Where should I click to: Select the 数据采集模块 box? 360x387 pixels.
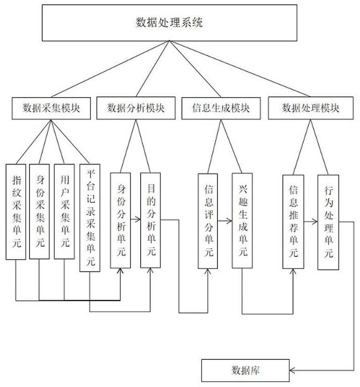click(x=51, y=107)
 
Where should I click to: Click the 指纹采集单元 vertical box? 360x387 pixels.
click(x=15, y=211)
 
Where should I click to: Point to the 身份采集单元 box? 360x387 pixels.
click(x=40, y=211)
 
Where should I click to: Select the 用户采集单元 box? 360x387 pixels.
click(x=64, y=211)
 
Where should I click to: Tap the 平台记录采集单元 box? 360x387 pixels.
click(x=90, y=218)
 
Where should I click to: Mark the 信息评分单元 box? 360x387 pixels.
click(x=209, y=220)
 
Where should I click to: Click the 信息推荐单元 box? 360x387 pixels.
click(x=293, y=220)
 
